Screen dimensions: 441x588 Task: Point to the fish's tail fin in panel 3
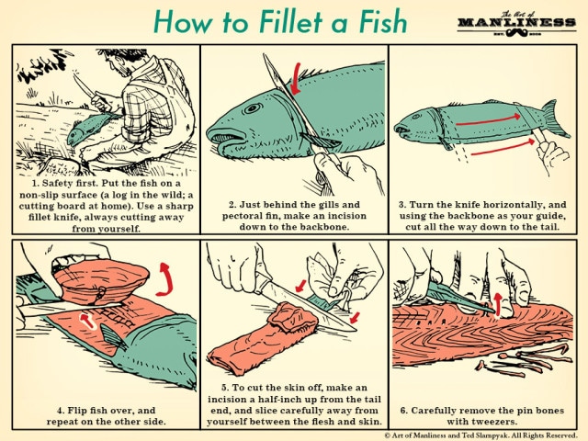[x=551, y=118]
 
